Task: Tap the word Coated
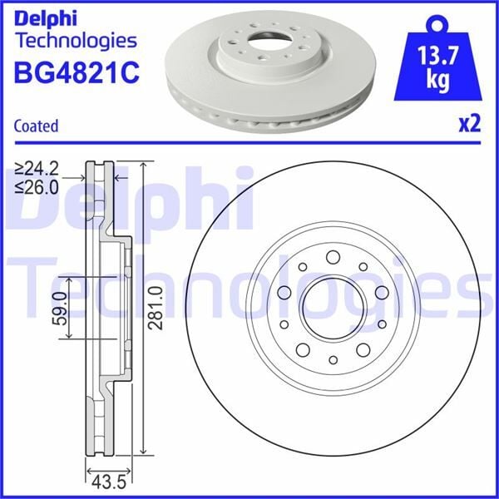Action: pos(37,126)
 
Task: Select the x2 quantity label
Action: pos(470,124)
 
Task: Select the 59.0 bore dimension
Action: pos(57,309)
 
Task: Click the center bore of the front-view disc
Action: pos(332,308)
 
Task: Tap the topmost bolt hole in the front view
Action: pos(333,257)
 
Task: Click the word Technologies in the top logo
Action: pos(75,39)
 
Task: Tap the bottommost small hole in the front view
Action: pos(333,359)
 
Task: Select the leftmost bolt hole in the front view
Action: pos(284,293)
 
